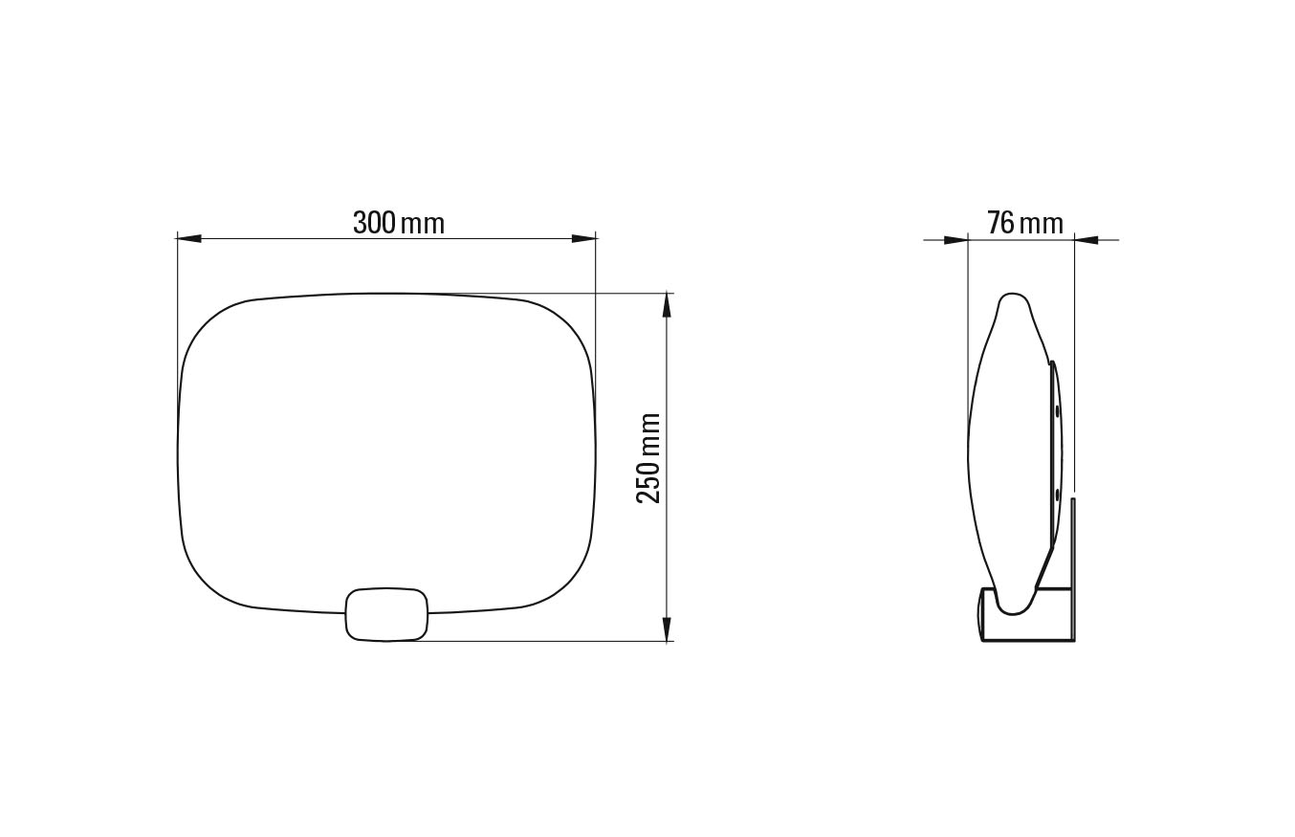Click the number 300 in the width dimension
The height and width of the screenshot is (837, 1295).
pyautogui.click(x=374, y=223)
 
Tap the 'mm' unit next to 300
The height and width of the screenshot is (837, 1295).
pyautogui.click(x=423, y=226)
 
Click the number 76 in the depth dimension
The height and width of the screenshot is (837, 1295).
pyautogui.click(x=1000, y=223)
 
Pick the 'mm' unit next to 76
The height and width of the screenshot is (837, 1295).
pyautogui.click(x=1042, y=226)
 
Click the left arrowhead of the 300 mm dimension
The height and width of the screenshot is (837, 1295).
pyautogui.click(x=189, y=238)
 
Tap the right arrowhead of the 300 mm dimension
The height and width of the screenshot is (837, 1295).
pyautogui.click(x=584, y=238)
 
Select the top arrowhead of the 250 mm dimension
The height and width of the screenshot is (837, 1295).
pyautogui.click(x=667, y=305)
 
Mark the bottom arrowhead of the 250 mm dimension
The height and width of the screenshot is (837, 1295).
pyautogui.click(x=667, y=628)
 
